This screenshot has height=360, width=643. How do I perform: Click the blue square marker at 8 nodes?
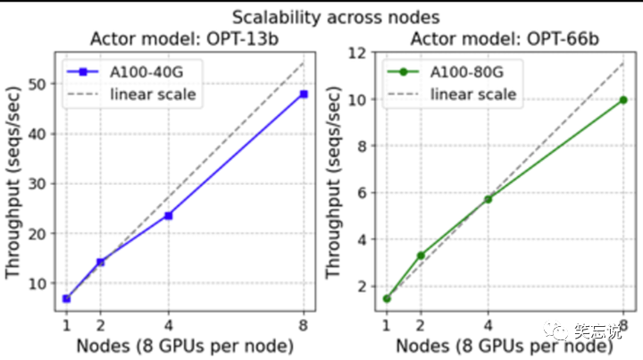(304, 95)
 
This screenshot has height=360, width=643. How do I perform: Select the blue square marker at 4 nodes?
(168, 215)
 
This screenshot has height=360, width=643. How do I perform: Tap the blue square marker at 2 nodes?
(100, 262)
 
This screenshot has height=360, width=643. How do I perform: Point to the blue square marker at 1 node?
(66, 298)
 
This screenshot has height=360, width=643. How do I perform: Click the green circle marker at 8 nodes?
(623, 100)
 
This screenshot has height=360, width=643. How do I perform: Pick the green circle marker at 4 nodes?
(488, 199)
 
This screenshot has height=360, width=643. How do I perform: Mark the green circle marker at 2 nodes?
(421, 255)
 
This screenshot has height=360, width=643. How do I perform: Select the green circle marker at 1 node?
(387, 298)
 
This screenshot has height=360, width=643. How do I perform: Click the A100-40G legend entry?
(126, 72)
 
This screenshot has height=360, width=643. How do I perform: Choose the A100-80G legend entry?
(446, 72)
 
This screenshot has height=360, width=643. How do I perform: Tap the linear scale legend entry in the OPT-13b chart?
(131, 95)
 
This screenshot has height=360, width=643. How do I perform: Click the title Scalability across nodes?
(336, 18)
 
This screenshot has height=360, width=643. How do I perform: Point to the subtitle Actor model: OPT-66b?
(505, 39)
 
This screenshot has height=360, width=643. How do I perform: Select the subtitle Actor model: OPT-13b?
(185, 39)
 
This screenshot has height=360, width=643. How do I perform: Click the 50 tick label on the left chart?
(38, 85)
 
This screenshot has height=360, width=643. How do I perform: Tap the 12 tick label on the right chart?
(357, 53)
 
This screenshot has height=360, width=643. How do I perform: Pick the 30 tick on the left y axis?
(38, 184)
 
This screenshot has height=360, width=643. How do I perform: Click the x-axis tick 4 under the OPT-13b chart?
(168, 325)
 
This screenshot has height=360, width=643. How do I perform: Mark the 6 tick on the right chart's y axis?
(362, 192)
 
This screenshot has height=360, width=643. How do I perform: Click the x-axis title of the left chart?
(185, 346)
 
